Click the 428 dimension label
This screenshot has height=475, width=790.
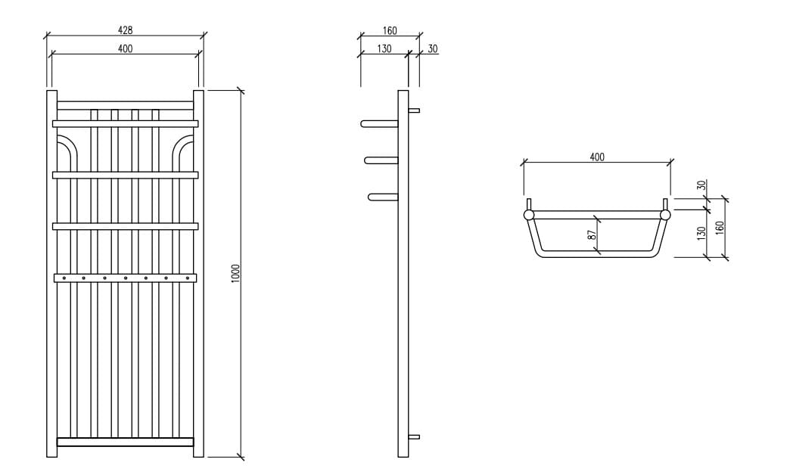125,30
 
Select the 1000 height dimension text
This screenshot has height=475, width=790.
235,273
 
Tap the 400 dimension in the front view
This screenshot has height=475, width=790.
125,48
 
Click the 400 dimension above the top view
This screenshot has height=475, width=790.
596,157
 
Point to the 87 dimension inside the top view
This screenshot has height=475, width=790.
592,235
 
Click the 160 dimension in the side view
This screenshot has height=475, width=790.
389,31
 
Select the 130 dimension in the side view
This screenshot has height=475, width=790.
384,48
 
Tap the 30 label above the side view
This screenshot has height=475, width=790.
433,48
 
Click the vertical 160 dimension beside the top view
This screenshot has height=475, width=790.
720,226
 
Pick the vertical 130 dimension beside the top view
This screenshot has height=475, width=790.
701,233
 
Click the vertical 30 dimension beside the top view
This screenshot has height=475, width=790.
701,185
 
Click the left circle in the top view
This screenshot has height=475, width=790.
528,216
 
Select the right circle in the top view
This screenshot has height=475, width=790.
665,216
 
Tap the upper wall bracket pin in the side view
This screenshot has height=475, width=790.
413,110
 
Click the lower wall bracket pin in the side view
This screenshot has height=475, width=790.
413,437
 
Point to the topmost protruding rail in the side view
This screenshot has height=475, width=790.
379,123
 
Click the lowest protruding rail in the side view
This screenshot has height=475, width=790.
383,197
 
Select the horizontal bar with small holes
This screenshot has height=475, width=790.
125,278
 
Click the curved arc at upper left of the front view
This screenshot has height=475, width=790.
66,145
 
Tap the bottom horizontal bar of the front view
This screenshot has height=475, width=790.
125,442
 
